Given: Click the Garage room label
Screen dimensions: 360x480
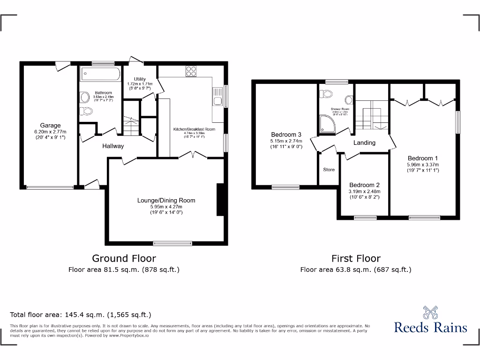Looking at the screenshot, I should pos(50,125).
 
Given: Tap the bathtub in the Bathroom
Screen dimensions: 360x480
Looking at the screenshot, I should pos(100,74).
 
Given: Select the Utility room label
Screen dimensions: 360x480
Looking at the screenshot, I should pos(140,79).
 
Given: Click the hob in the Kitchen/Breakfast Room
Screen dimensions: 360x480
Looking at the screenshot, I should pos(191,71).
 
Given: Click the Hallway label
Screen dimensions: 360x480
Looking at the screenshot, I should pos(113,146).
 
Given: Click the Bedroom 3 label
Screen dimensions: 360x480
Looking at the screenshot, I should pos(286,135).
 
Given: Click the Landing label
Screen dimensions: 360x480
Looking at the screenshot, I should pos(364,142).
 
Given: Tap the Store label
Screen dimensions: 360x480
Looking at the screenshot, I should pos(329,169).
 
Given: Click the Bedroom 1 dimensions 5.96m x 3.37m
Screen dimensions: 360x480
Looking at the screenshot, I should pos(422,165).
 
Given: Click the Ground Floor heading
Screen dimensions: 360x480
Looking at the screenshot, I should pos(124,258).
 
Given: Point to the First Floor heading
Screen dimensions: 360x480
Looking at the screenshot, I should pos(356,258).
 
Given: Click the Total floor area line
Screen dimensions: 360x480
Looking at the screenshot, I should pos(81,315).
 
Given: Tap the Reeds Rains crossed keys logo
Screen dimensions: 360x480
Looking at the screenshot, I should pos(430,313).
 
